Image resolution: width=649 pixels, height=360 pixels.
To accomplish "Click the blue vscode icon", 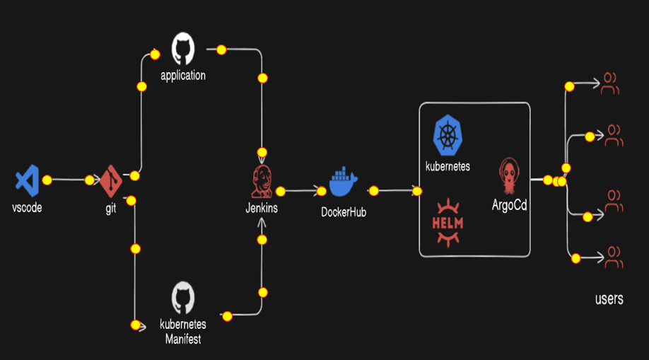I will tap(27, 180).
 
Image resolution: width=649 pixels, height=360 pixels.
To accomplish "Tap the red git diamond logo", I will tap(110, 181).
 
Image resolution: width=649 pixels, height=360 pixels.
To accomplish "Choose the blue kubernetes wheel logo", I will tap(447, 136).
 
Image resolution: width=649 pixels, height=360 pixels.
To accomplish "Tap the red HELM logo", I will tap(447, 223).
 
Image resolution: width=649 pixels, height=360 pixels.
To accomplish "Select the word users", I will tap(609, 299).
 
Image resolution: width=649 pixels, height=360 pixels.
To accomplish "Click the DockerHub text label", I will tap(344, 211).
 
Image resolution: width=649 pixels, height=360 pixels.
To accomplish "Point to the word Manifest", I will tap(183, 339).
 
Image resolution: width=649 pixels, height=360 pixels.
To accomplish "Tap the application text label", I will tap(183, 75).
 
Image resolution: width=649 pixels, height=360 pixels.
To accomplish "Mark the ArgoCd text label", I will tap(510, 205).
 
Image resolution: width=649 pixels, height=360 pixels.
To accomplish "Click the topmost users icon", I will tap(609, 84).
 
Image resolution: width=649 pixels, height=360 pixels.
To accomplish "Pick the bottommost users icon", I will tap(613, 257).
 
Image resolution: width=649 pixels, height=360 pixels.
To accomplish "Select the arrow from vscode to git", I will tap(68, 180).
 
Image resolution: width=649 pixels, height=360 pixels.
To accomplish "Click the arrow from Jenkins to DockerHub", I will tap(300, 190).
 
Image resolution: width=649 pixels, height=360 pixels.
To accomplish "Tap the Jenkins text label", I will tap(262, 209).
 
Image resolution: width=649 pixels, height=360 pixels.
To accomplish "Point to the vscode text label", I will tap(27, 209).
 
